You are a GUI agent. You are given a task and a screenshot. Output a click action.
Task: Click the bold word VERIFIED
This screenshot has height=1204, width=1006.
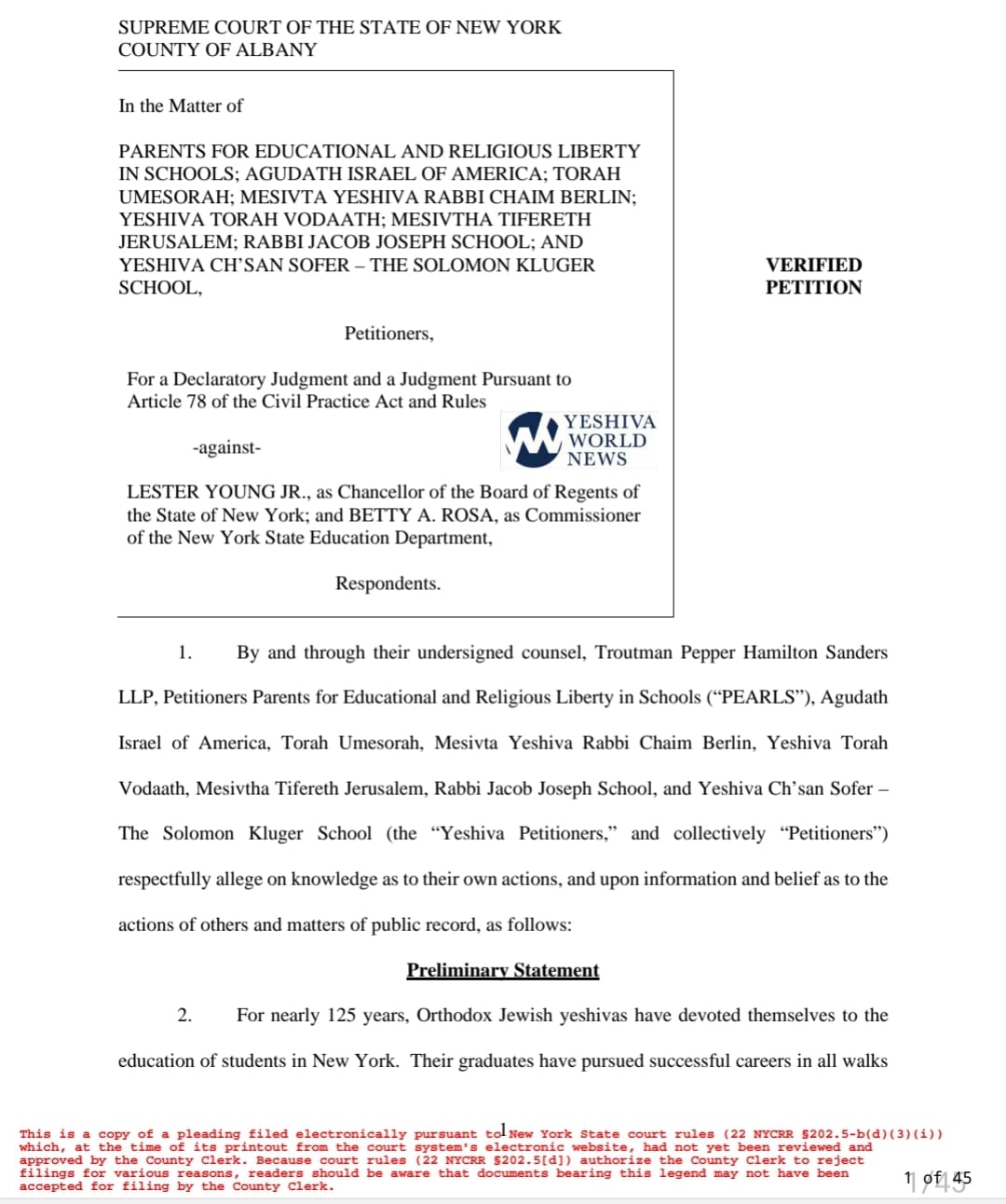(813, 265)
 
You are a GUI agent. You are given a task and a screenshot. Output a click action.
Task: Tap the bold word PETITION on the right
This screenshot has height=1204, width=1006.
(813, 287)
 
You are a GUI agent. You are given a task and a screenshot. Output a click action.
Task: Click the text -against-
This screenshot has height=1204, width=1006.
(226, 447)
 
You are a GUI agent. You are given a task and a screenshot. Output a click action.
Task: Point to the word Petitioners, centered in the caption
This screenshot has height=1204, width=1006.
(388, 334)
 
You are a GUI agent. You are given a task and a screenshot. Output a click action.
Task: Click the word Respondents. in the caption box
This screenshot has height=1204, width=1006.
(387, 583)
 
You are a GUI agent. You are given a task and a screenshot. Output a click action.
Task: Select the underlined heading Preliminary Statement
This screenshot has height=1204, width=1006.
(502, 970)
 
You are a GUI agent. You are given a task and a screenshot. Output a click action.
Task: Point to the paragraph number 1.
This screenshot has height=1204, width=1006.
(184, 652)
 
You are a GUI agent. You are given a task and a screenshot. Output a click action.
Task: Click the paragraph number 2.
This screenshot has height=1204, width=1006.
(184, 1015)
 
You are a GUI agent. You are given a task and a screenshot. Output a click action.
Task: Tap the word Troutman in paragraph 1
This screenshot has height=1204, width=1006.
(634, 652)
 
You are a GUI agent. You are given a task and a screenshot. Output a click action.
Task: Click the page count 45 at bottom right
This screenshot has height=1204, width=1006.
(961, 1178)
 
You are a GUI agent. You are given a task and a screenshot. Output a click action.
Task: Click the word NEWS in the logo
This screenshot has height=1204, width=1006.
(597, 458)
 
